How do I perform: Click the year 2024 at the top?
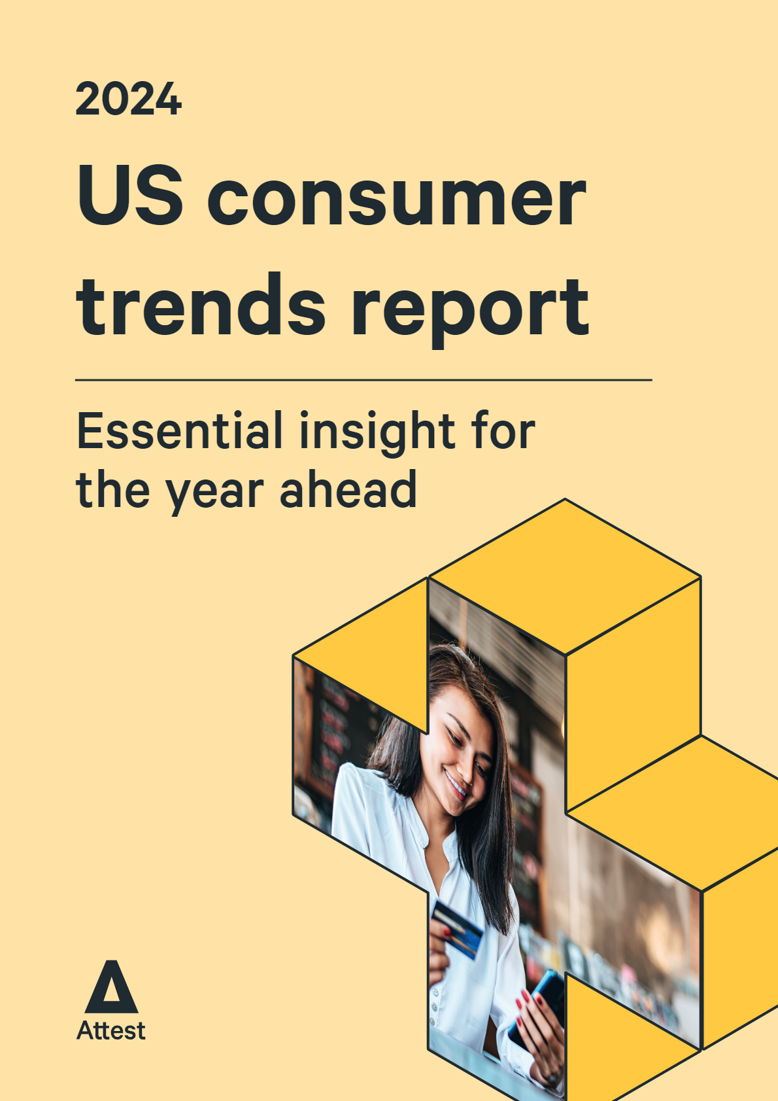(129, 99)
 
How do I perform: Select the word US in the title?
(129, 194)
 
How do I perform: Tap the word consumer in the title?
(397, 201)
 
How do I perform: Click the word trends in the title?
(201, 303)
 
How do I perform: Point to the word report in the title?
(471, 313)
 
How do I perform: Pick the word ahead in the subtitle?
(348, 489)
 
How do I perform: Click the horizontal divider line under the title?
(364, 380)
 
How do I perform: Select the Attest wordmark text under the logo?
(111, 1031)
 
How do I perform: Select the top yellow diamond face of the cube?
(565, 576)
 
